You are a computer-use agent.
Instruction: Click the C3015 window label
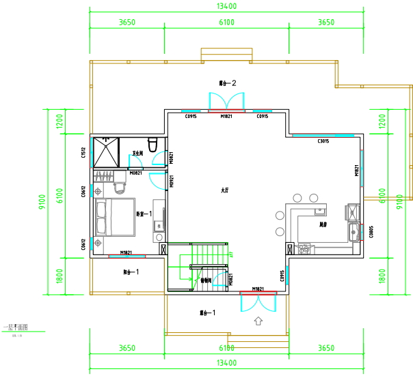(x=324, y=141)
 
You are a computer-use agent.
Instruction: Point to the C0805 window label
(x=371, y=232)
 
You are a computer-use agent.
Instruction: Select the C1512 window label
(x=83, y=154)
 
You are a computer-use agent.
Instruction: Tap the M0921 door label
(x=172, y=181)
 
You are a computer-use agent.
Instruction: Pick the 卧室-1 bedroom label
(x=143, y=214)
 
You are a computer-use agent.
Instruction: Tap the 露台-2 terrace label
(x=227, y=83)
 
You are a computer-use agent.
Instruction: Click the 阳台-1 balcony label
(x=131, y=272)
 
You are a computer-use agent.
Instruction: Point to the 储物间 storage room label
(x=206, y=280)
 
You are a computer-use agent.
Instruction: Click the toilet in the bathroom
(x=153, y=144)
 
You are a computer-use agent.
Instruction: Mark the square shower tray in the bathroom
(x=105, y=152)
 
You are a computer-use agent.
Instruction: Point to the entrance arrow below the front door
(x=258, y=320)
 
